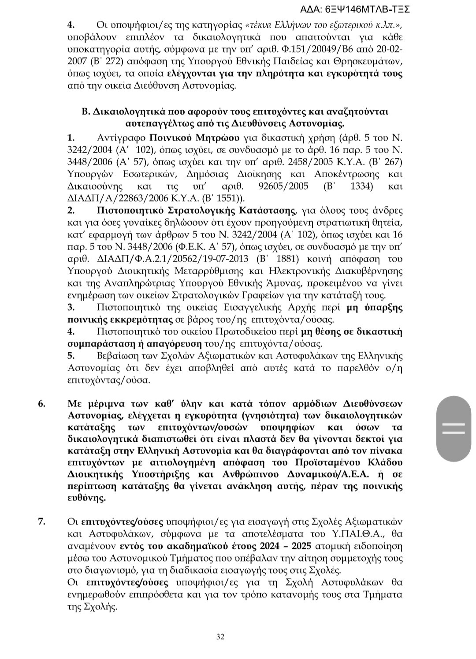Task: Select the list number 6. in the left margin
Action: coord(42,404)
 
